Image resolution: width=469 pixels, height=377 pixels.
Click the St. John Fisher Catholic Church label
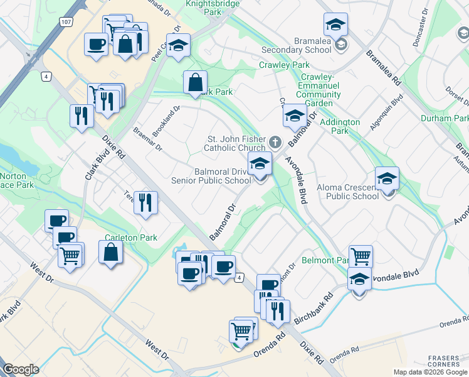click(236, 143)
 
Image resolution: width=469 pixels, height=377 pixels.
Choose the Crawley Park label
click(284, 65)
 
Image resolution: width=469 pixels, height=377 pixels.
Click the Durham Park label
click(445, 118)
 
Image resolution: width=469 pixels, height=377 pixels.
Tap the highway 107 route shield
click(66, 21)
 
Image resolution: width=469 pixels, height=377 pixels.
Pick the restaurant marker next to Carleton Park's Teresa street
click(145, 202)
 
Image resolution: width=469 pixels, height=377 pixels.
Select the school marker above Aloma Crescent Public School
click(387, 178)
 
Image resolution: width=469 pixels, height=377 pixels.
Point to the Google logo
click(21, 369)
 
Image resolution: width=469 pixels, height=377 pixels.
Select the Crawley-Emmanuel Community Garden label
click(319, 95)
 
